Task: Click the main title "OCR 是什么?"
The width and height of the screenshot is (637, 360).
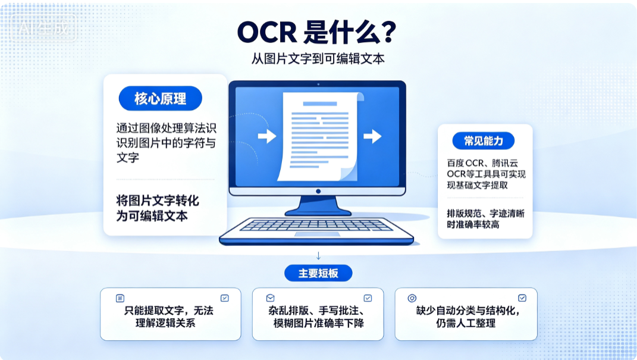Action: coord(317,32)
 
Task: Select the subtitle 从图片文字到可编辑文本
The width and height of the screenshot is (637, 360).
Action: coord(318,59)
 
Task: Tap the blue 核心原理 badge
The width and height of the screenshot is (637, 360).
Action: coord(161,98)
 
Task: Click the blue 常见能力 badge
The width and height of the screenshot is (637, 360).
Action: coord(484,141)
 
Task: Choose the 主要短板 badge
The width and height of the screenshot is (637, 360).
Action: coord(318,273)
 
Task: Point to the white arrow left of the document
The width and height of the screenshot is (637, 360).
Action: coord(267,136)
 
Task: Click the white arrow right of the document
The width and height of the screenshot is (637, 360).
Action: coord(372,136)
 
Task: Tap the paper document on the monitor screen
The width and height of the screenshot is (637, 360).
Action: coord(320,136)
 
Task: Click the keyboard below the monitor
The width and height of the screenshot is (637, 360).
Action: coord(316,231)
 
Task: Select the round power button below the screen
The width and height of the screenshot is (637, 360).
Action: coord(318,192)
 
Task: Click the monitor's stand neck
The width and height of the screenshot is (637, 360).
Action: coord(318,203)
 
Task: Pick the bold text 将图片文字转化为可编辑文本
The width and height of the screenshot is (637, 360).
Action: coord(158,208)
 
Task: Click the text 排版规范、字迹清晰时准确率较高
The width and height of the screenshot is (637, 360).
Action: coord(485,219)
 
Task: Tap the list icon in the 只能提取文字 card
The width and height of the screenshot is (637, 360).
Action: coord(120,298)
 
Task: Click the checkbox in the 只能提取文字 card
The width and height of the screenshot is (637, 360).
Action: coord(225,298)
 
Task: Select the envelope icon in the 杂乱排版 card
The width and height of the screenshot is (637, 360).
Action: coord(270,298)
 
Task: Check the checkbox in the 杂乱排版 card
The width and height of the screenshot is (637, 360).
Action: coord(368,298)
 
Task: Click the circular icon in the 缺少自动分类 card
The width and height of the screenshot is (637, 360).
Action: coord(412,298)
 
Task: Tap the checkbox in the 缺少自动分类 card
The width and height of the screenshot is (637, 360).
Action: coord(522,298)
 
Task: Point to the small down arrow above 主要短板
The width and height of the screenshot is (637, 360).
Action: coord(319,256)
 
